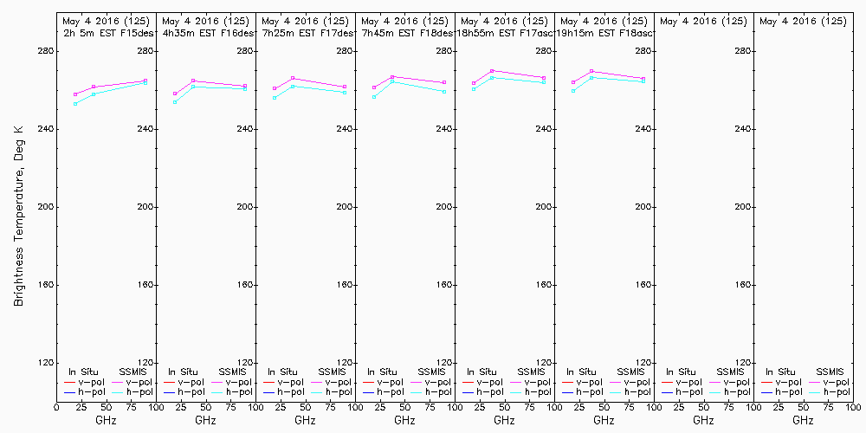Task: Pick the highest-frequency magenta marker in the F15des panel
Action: [x=145, y=81]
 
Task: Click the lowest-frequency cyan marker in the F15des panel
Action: [x=75, y=104]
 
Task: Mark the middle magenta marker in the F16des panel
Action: [x=193, y=81]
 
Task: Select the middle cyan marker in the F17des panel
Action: [x=293, y=86]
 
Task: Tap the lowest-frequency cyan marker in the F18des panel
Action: [x=374, y=97]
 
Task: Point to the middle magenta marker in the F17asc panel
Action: [x=492, y=71]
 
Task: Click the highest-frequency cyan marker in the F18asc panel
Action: [x=643, y=81]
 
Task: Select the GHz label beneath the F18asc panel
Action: [x=604, y=421]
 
